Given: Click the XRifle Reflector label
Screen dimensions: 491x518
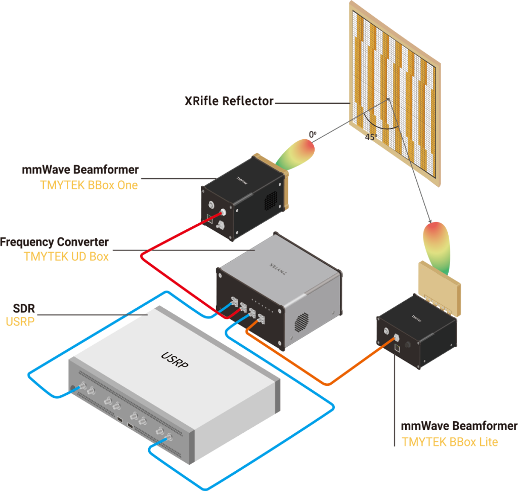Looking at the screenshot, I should point(229,102).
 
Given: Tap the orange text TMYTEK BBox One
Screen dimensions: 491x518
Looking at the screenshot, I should point(89,185).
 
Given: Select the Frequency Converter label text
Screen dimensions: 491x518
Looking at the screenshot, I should point(55,242).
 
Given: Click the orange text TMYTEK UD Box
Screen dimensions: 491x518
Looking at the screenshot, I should point(66,257).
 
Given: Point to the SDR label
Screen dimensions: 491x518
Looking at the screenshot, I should point(24,308).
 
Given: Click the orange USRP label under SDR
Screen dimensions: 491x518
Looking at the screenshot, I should point(20,321).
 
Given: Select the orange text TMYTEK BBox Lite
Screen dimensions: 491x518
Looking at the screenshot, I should point(450,442).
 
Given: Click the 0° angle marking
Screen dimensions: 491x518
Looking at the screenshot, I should point(313,134).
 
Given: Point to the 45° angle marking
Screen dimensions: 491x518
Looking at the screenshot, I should point(372,136).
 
